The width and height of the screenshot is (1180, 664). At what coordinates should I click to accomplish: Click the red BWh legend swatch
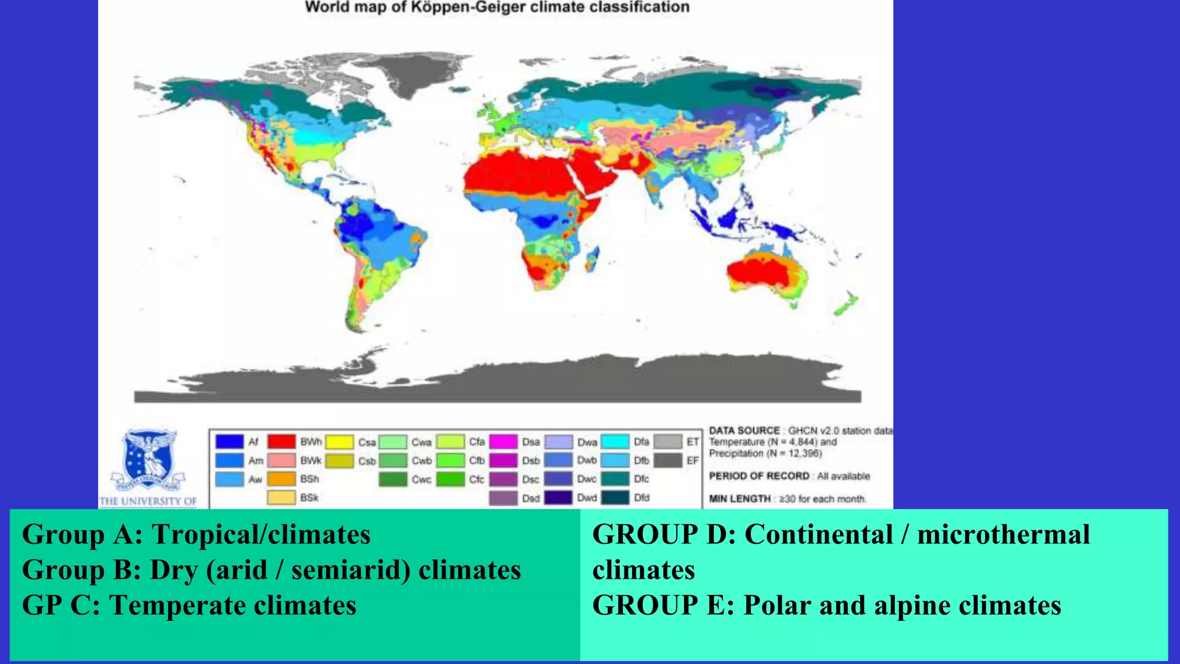(x=281, y=442)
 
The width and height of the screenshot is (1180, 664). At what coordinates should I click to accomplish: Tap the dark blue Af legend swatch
(x=229, y=442)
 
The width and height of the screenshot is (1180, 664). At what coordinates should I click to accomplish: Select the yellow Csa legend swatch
(x=339, y=442)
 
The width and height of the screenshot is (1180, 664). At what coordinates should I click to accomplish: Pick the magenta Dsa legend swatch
(x=503, y=442)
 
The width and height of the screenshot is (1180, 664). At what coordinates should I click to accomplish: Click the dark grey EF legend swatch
(x=668, y=461)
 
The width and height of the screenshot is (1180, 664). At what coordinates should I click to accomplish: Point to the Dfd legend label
(x=642, y=497)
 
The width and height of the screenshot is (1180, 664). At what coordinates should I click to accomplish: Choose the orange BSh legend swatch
(x=281, y=479)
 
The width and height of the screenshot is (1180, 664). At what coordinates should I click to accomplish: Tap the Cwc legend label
(x=421, y=479)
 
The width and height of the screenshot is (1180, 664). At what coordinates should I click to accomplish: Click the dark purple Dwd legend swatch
(x=558, y=497)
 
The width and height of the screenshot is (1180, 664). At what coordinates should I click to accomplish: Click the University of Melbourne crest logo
(x=149, y=461)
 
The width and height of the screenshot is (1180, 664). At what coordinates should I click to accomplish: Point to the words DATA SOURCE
(x=744, y=431)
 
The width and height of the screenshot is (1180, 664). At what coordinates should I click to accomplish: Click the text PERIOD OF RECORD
(x=759, y=476)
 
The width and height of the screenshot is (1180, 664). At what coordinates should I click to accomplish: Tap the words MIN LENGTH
(x=740, y=499)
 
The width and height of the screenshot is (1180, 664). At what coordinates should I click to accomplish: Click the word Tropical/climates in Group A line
(x=261, y=534)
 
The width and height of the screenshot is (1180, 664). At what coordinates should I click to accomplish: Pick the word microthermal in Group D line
(x=1003, y=534)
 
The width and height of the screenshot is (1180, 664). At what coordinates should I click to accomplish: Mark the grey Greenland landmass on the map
(x=409, y=75)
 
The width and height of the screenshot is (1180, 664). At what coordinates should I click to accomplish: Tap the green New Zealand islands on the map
(x=846, y=304)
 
